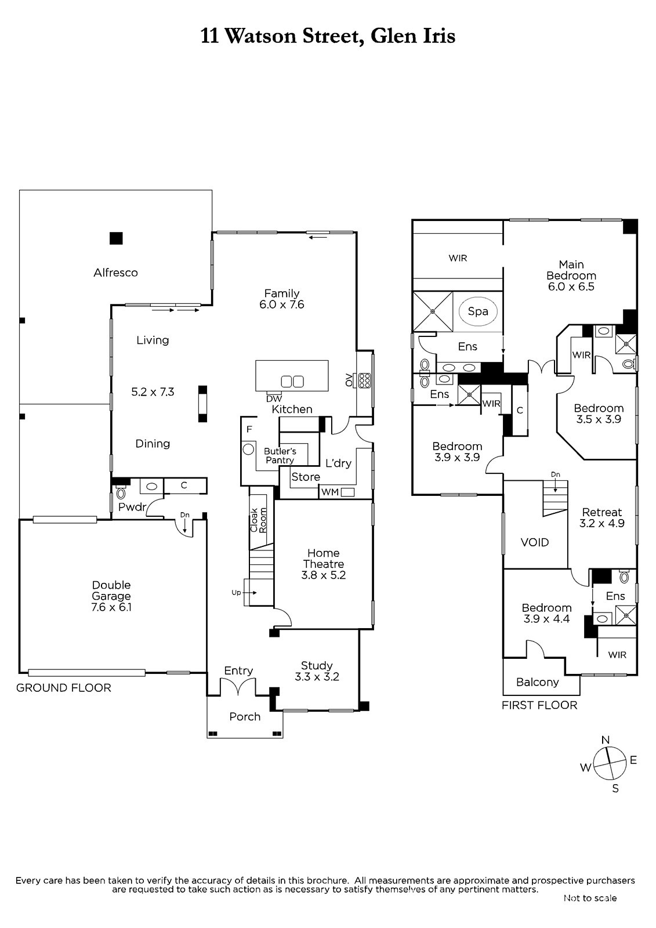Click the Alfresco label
[x=115, y=273]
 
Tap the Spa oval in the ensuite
[x=478, y=311]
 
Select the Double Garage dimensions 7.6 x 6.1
[x=111, y=607]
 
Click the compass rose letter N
[x=606, y=739]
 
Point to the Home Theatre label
[x=323, y=559]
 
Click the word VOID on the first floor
[x=535, y=542]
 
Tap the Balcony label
[x=538, y=682]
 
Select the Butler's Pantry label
[x=280, y=456]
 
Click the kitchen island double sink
[x=292, y=381]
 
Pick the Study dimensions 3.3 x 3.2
[x=317, y=676]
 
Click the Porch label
[x=245, y=716]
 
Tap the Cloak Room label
[x=259, y=520]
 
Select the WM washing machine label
[x=330, y=492]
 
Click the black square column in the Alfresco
[x=116, y=238]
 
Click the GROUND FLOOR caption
[x=64, y=688]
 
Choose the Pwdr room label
[x=132, y=507]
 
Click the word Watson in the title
[x=260, y=36]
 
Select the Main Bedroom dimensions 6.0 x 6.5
[x=571, y=287]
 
